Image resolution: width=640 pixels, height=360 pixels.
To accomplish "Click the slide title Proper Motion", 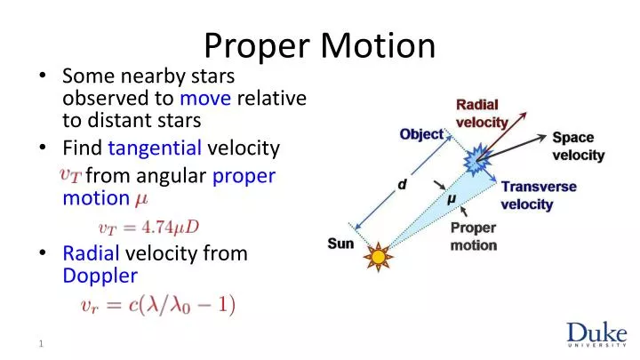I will click(x=320, y=44).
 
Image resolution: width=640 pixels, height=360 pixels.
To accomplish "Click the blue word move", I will click(x=205, y=97).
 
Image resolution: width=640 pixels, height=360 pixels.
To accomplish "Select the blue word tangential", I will click(x=156, y=148).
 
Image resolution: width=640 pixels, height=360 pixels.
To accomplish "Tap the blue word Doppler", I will click(x=100, y=276).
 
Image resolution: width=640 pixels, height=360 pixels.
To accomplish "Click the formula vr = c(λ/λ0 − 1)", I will click(x=157, y=306).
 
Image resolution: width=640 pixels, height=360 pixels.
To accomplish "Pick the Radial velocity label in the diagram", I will click(x=482, y=113).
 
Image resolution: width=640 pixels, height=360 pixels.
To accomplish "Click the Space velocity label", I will click(x=578, y=147).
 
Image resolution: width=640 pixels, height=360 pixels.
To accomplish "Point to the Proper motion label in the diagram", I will click(x=473, y=236).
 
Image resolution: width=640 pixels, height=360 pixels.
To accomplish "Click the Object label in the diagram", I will click(x=421, y=134).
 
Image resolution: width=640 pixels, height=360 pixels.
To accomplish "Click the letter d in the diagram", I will click(x=402, y=185).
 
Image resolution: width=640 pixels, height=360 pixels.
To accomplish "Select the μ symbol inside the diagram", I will click(x=452, y=200).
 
